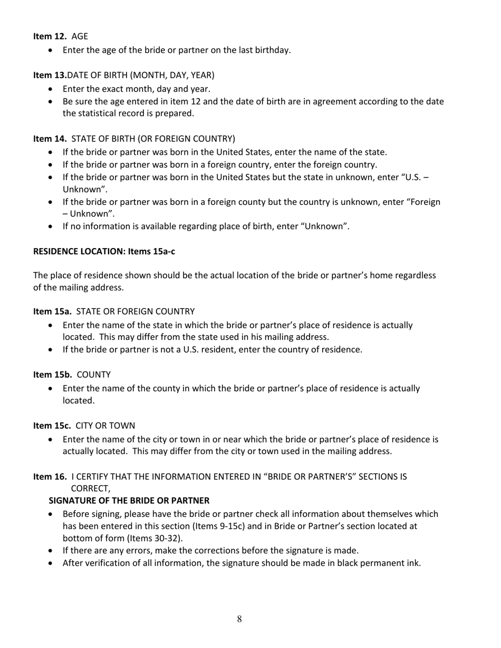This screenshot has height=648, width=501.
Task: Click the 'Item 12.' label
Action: click(50, 36)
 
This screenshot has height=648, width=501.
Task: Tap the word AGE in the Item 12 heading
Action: click(80, 36)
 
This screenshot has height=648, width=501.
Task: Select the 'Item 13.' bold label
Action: click(50, 75)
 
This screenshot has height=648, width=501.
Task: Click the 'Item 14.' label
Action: click(50, 139)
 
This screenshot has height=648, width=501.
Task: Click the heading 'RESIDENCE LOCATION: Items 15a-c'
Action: click(104, 251)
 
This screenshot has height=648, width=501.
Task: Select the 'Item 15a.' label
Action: click(52, 311)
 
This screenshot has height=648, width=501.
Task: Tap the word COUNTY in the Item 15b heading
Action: click(94, 375)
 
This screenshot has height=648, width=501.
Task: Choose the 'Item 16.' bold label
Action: click(50, 477)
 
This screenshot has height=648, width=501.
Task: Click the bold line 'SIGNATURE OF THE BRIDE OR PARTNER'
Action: click(129, 500)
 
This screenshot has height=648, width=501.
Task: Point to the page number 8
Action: click(239, 619)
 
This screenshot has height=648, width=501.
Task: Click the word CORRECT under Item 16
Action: click(90, 489)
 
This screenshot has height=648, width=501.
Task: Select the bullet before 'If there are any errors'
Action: click(51, 551)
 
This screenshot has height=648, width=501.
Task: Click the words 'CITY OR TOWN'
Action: click(105, 426)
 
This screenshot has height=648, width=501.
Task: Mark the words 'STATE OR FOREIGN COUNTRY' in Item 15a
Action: click(136, 311)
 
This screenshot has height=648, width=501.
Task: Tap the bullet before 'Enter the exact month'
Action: click(51, 90)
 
